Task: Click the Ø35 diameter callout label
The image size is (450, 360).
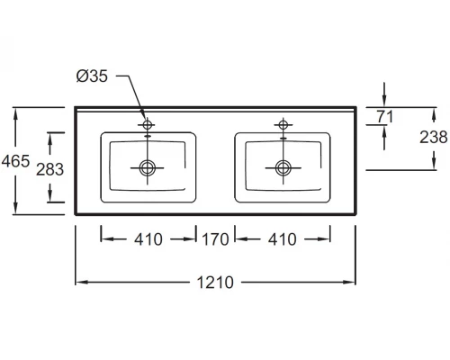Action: pyautogui.click(x=92, y=76)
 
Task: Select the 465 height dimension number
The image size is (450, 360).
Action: pyautogui.click(x=15, y=161)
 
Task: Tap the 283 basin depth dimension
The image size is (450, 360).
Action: pyautogui.click(x=49, y=169)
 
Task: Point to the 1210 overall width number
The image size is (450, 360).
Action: pyautogui.click(x=215, y=283)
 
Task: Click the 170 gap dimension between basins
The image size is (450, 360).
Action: pyautogui.click(x=215, y=239)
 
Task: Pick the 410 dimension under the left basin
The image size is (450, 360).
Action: pyautogui.click(x=148, y=239)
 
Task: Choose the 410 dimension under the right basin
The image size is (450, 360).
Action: pyautogui.click(x=283, y=239)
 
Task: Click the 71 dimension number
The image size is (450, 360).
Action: pyautogui.click(x=385, y=116)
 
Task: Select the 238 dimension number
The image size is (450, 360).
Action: pyautogui.click(x=434, y=137)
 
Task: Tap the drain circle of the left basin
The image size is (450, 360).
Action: pyautogui.click(x=148, y=167)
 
